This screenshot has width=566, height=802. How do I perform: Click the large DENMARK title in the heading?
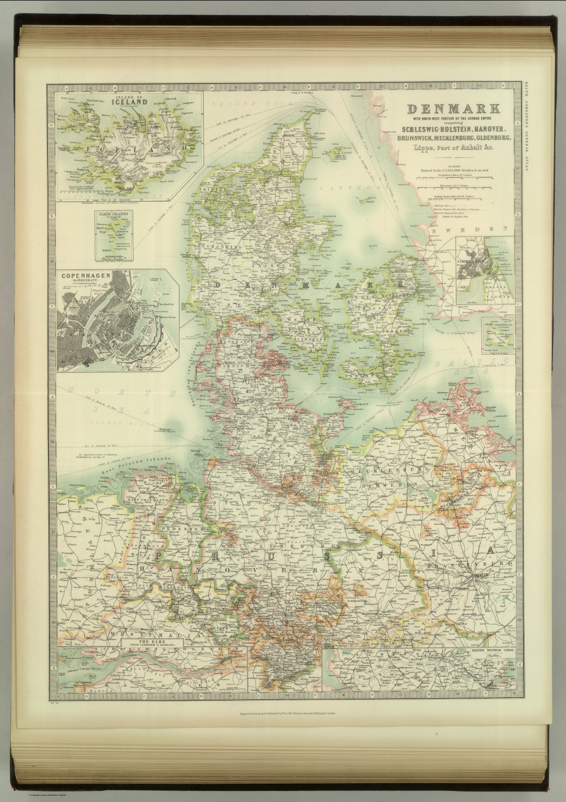tap(453, 109)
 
